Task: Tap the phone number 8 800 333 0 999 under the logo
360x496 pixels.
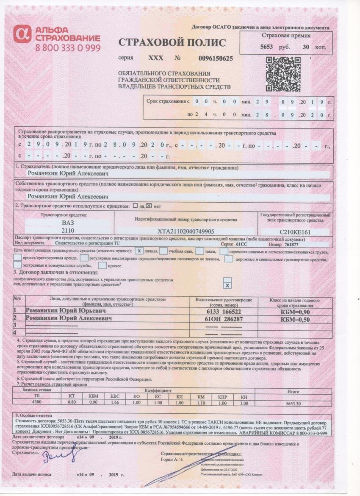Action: click(x=68, y=47)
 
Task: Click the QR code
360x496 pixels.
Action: click(x=280, y=74)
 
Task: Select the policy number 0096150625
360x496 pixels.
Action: click(x=215, y=59)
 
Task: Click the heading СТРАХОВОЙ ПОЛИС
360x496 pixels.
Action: click(x=172, y=43)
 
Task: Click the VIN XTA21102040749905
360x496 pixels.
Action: click(x=186, y=231)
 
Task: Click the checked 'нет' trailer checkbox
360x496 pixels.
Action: click(x=149, y=206)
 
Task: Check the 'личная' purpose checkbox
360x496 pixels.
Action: click(x=139, y=251)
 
